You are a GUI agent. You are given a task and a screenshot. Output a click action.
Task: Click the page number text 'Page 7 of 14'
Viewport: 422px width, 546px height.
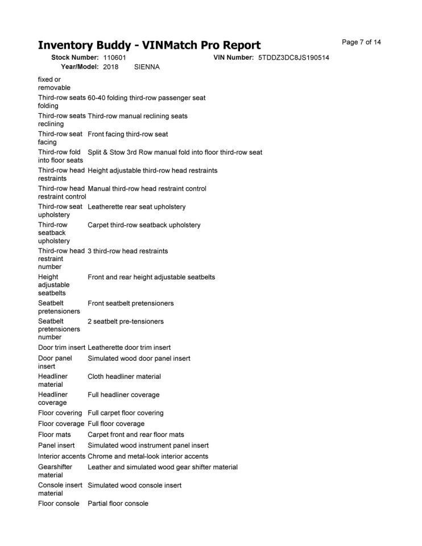(362, 42)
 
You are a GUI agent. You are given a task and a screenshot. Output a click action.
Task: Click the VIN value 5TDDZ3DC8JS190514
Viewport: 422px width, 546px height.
(293, 58)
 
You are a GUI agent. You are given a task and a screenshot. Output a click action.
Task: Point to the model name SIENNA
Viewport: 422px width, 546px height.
(147, 67)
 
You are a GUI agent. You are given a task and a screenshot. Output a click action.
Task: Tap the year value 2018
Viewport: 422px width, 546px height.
(111, 67)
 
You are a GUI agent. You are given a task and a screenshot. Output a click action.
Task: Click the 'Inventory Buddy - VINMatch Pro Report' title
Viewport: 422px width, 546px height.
(149, 45)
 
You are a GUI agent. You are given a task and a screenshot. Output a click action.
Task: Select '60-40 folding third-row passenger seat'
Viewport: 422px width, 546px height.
(147, 98)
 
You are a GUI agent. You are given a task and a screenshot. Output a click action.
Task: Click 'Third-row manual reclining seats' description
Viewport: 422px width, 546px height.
(138, 116)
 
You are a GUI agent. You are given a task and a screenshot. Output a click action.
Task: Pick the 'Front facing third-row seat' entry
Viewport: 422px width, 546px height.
(128, 134)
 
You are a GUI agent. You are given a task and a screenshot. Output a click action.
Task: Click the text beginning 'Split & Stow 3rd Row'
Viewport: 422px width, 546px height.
(175, 152)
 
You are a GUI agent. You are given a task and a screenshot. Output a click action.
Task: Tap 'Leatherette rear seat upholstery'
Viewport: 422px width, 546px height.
(136, 206)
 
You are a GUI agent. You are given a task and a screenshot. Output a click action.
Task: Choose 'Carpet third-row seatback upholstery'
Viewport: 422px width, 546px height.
(144, 225)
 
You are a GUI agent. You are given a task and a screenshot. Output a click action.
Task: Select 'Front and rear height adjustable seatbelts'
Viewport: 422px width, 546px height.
(151, 277)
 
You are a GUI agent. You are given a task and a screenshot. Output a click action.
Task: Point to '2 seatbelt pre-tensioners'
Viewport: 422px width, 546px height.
(126, 321)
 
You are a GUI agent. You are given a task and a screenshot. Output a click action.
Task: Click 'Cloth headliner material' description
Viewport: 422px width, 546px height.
(124, 377)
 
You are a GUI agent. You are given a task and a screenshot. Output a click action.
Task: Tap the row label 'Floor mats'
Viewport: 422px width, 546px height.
(55, 435)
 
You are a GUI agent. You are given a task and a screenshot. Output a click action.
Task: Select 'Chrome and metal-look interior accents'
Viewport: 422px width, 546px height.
(148, 456)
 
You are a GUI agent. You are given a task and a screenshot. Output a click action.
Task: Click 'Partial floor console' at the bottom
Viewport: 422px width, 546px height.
(118, 503)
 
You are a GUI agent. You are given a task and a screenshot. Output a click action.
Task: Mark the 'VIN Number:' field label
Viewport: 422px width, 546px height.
(233, 58)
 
